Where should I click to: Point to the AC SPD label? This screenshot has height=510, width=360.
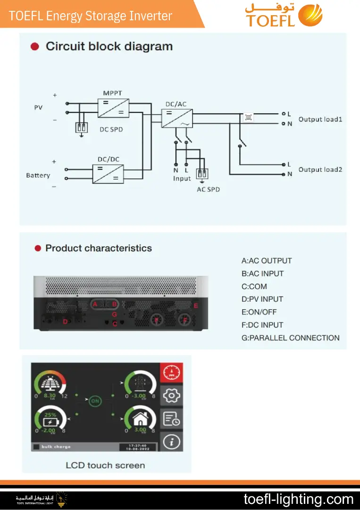tap(208, 189)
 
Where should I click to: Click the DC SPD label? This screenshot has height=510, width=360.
tap(111, 129)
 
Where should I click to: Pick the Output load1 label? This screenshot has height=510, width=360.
tap(320, 119)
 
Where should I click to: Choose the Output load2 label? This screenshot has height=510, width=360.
tap(320, 170)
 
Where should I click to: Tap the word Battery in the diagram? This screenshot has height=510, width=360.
tap(38, 175)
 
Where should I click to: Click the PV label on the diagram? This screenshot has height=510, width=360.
tap(38, 108)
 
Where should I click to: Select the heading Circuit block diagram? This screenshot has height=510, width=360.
tap(109, 47)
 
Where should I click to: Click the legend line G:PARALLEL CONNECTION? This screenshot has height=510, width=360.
tap(290, 338)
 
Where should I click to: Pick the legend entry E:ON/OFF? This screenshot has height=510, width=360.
tap(259, 312)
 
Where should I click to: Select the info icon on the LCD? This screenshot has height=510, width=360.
tap(171, 442)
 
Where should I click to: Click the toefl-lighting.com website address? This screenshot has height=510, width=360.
tap(298, 499)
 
